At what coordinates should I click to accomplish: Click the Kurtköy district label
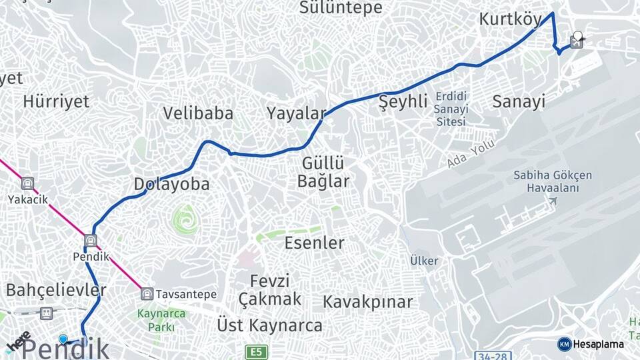pyautogui.click(x=510, y=20)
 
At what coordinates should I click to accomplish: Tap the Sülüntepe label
pyautogui.click(x=341, y=7)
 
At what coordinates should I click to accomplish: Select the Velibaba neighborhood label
pyautogui.click(x=198, y=113)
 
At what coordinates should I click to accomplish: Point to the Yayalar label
pyautogui.click(x=296, y=113)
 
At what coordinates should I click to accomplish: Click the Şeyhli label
pyautogui.click(x=403, y=102)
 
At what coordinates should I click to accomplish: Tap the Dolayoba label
pyautogui.click(x=171, y=184)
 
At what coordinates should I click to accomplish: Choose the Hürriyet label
pyautogui.click(x=56, y=101)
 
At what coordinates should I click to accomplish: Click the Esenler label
pyautogui.click(x=314, y=243)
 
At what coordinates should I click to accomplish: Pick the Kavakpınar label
pyautogui.click(x=367, y=302)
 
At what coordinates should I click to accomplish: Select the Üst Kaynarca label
pyautogui.click(x=269, y=325)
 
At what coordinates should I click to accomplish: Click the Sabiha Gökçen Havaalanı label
pyautogui.click(x=553, y=181)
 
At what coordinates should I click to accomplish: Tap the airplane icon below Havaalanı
pyautogui.click(x=553, y=200)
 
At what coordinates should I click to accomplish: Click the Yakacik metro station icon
pyautogui.click(x=27, y=183)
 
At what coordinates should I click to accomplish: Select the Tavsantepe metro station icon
pyautogui.click(x=147, y=293)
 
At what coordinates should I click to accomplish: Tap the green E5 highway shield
pyautogui.click(x=256, y=351)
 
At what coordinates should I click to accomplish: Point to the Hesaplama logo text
pyautogui.click(x=598, y=344)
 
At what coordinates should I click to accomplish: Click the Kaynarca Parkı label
pyautogui.click(x=156, y=320)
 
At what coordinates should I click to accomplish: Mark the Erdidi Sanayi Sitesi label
pyautogui.click(x=451, y=109)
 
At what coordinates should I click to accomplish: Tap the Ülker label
pyautogui.click(x=424, y=260)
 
